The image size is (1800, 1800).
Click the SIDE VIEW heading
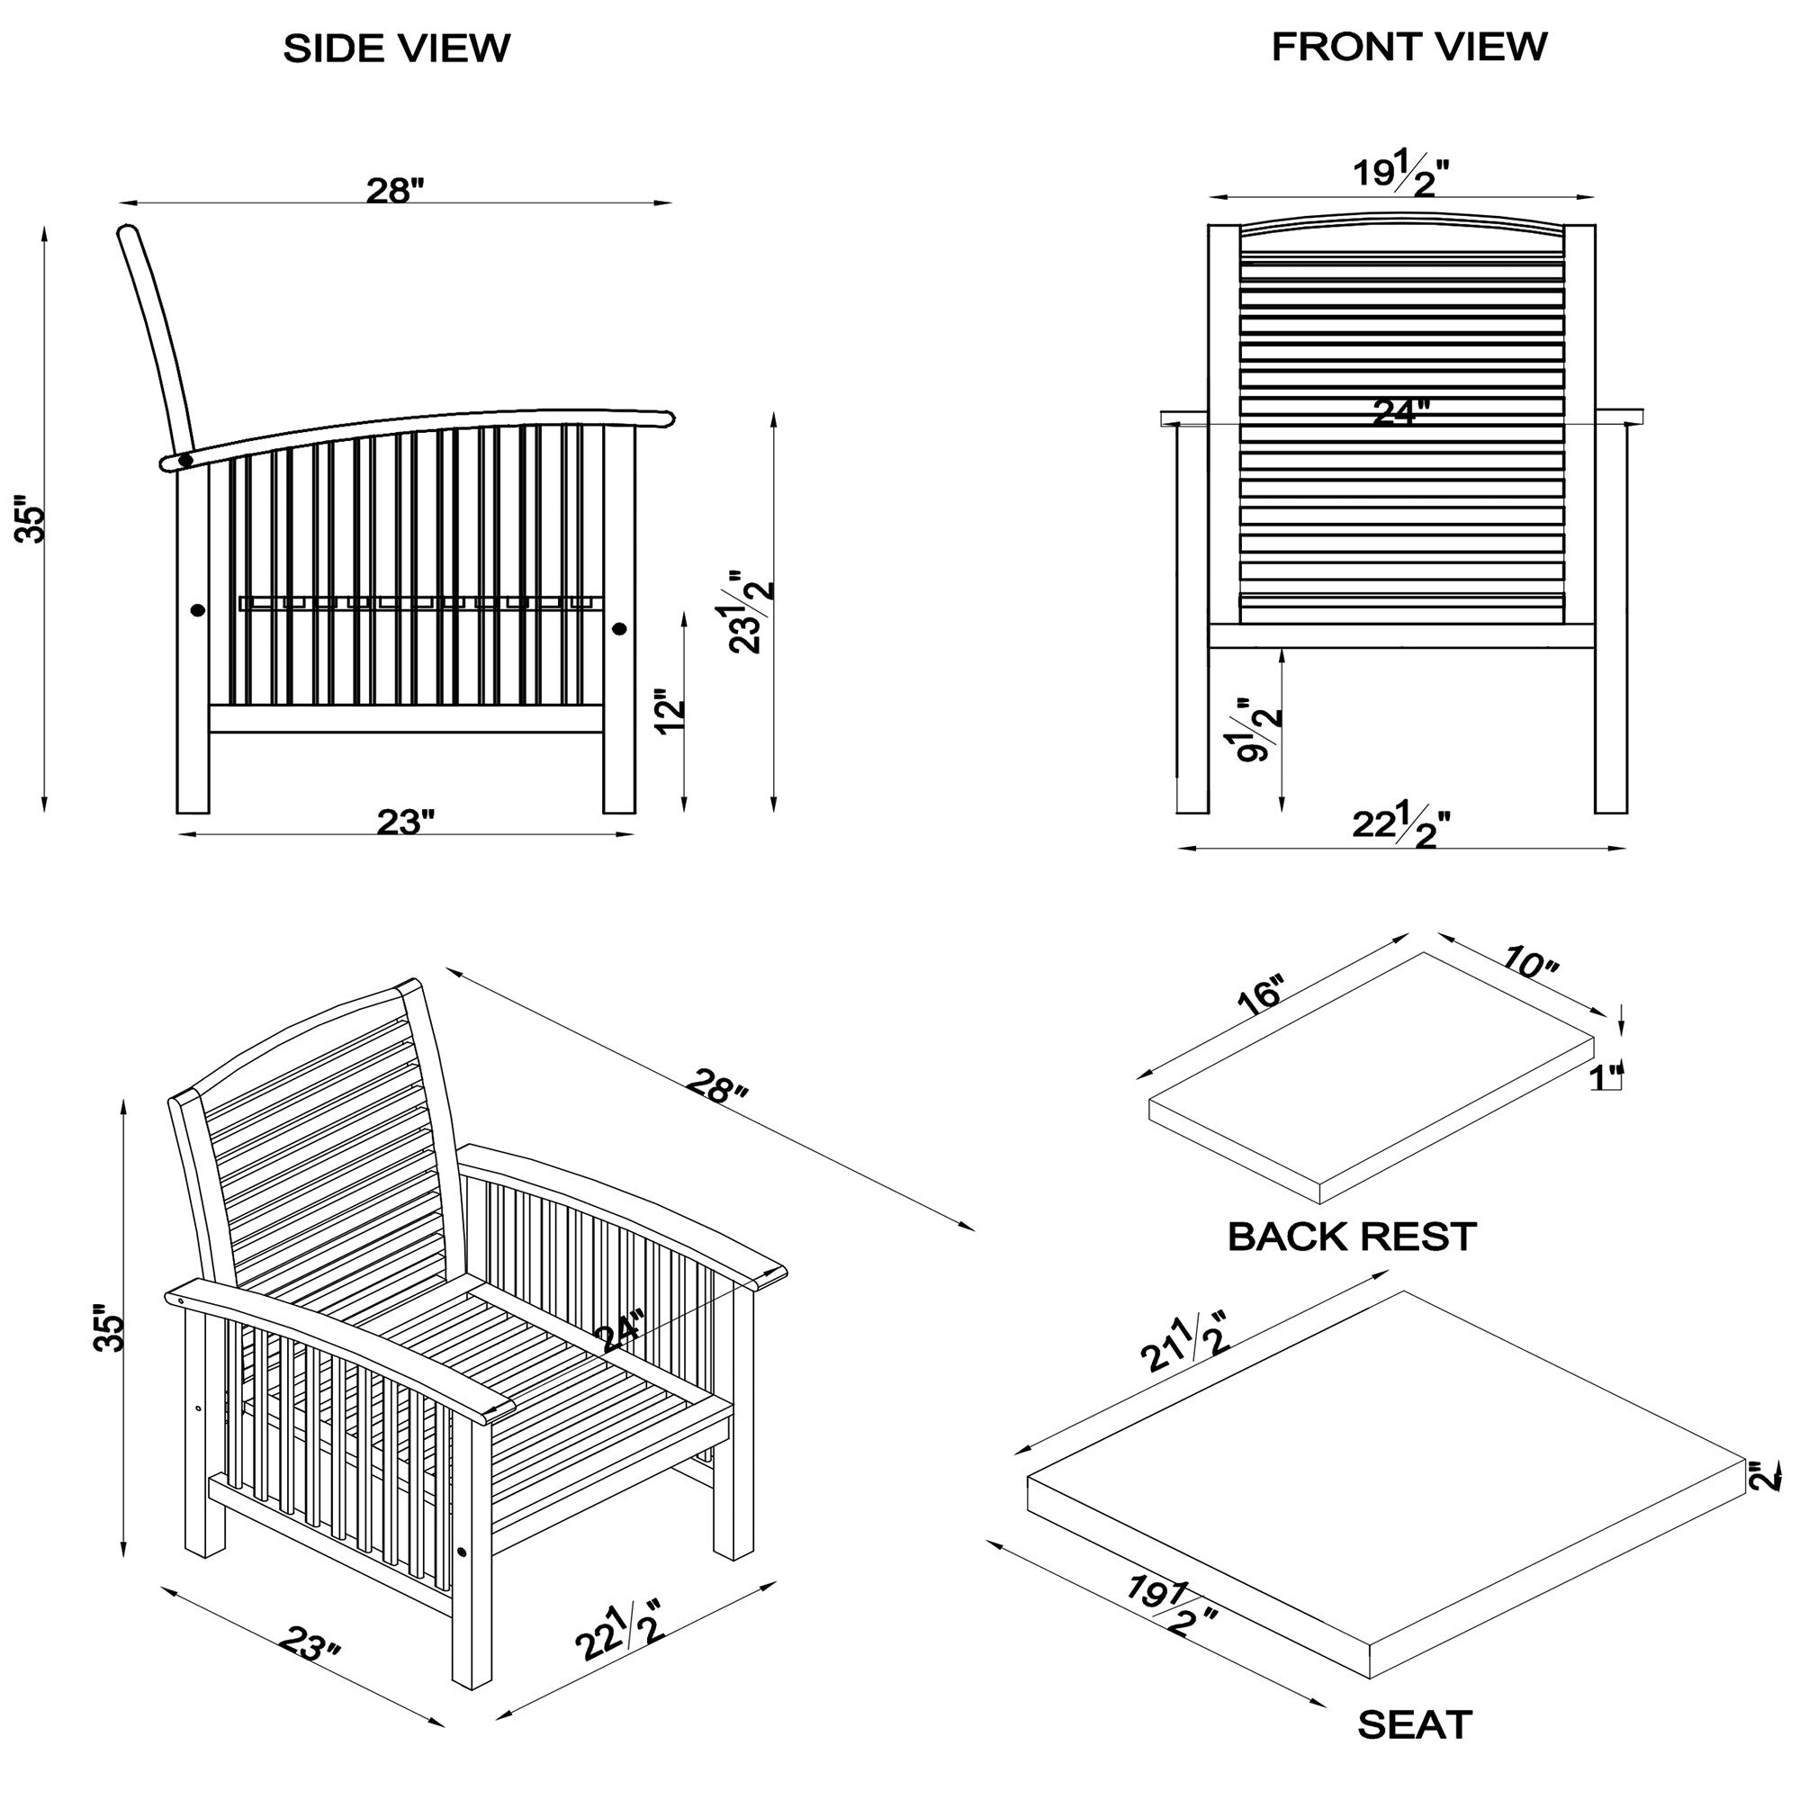point(396,49)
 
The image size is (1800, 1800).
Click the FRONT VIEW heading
point(1408,47)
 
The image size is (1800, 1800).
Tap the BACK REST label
point(1351,1237)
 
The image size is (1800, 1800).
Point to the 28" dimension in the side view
point(394,191)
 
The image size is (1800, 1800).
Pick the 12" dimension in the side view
point(670,712)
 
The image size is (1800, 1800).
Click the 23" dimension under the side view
point(405,822)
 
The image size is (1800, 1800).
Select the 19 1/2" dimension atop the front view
point(1400,175)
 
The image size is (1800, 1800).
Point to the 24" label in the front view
point(1400,411)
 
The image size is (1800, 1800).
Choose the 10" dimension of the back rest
point(1531,962)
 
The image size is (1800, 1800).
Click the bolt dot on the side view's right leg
point(619,629)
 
